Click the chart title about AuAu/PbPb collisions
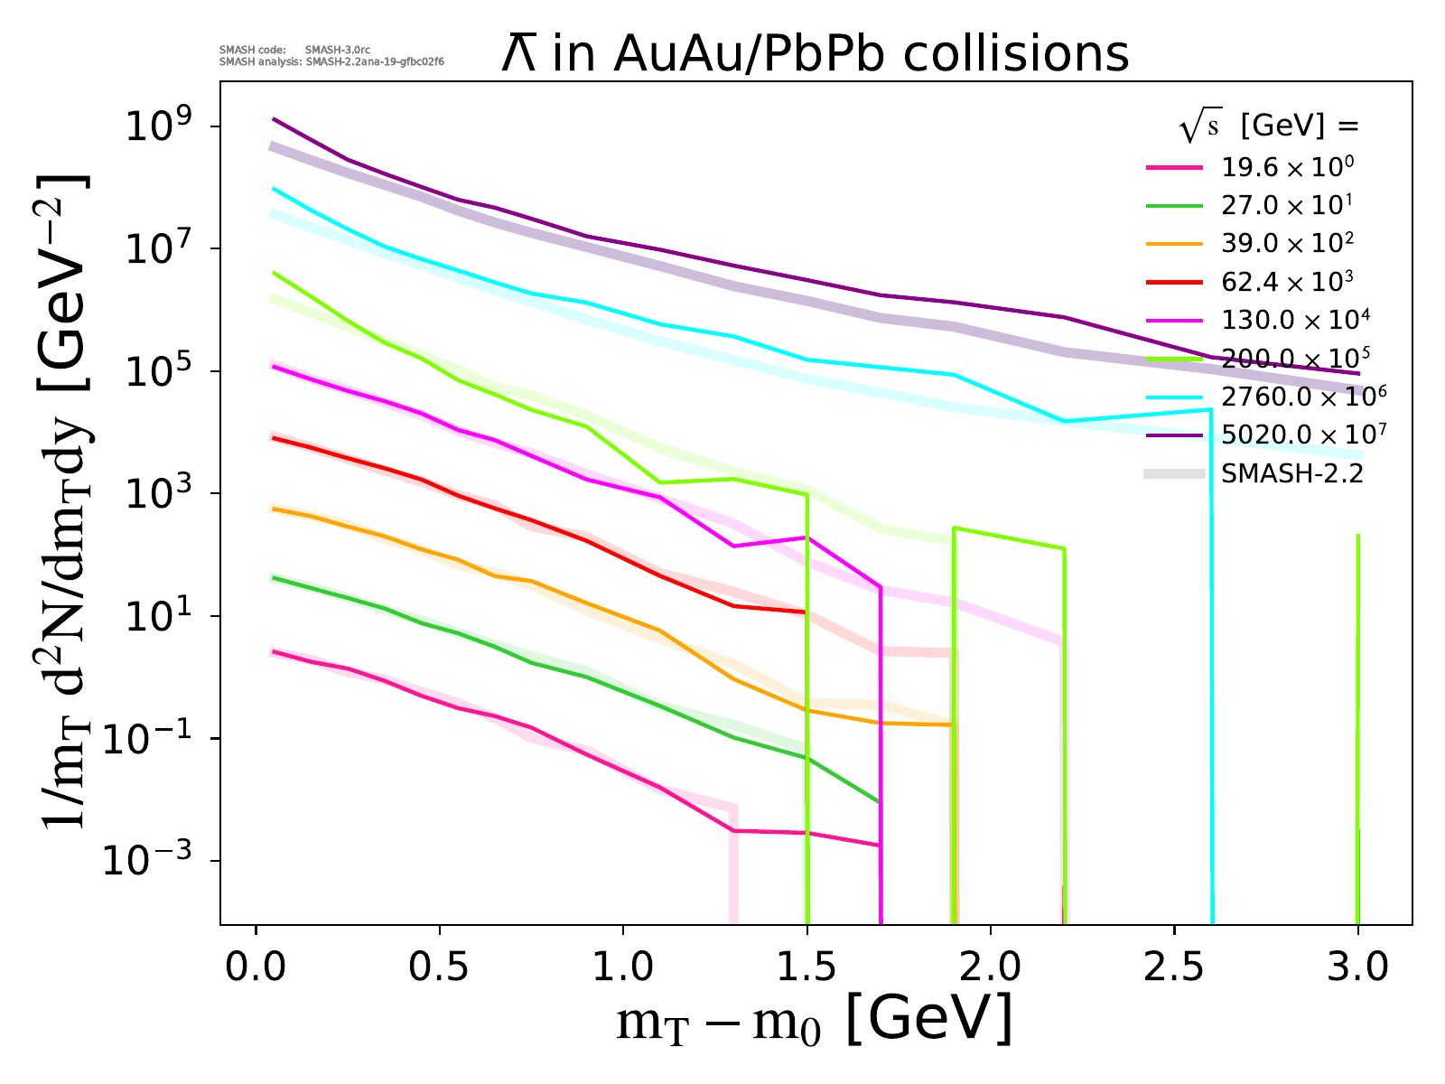point(816,54)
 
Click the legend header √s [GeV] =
point(1269,127)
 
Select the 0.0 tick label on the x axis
point(256,967)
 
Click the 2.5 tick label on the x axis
point(1174,967)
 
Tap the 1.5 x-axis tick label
point(807,967)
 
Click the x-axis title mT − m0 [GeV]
point(815,1023)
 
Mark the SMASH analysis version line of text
point(331,62)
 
